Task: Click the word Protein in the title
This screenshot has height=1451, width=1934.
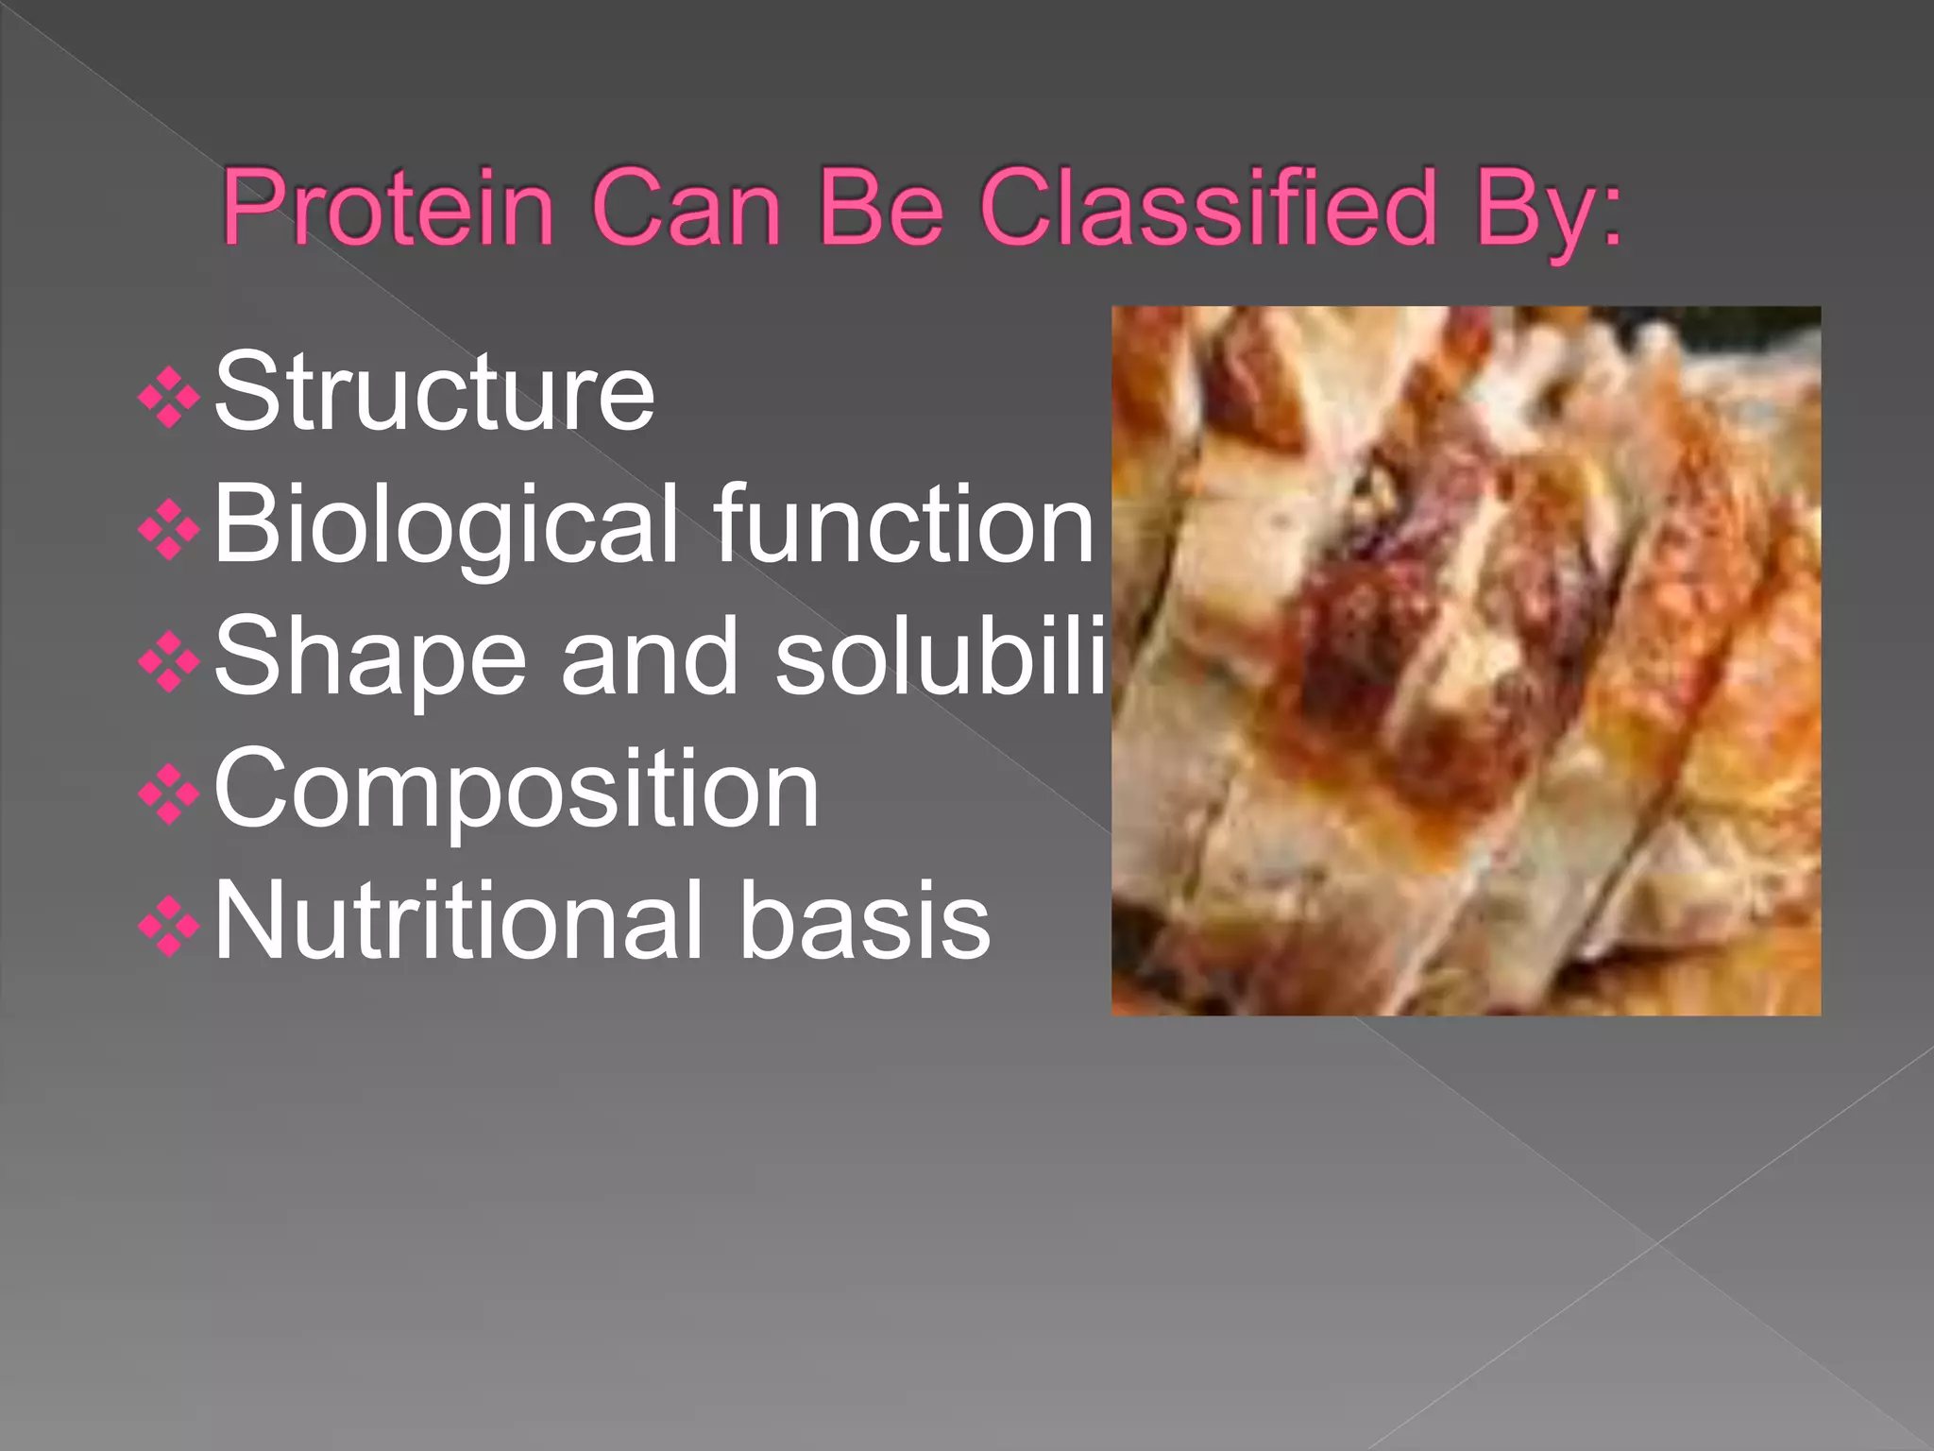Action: [x=387, y=207]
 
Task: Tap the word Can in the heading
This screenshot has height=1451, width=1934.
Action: [x=686, y=207]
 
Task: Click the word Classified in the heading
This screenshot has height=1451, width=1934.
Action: [x=1209, y=207]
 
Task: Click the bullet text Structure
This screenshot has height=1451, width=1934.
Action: [x=434, y=392]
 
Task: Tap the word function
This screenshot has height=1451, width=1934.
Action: [x=904, y=523]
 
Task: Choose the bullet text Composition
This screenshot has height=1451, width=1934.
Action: [x=517, y=790]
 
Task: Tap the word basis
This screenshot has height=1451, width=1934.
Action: [x=864, y=920]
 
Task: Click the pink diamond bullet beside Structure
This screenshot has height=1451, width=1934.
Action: [x=169, y=398]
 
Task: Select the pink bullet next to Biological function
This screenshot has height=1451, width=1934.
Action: [x=169, y=530]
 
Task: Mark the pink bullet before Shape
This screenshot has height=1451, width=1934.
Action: [x=169, y=662]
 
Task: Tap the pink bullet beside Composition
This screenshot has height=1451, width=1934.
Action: [x=169, y=794]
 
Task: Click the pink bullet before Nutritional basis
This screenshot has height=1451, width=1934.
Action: [x=169, y=927]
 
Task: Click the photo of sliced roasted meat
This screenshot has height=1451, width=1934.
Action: [x=1466, y=660]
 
